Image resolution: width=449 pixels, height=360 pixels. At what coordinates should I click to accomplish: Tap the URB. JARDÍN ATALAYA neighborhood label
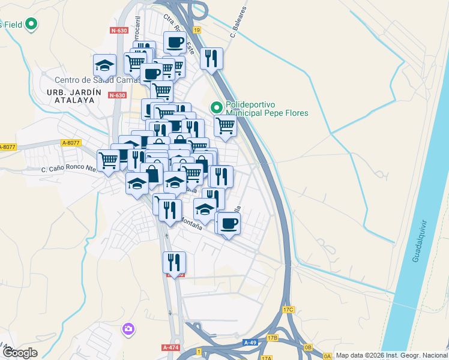click(x=70, y=95)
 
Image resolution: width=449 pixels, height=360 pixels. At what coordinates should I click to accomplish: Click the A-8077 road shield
click(x=70, y=142)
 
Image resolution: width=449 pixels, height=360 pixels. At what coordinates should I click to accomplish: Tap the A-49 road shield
click(x=250, y=342)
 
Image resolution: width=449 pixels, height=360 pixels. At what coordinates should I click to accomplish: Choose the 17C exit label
click(x=288, y=310)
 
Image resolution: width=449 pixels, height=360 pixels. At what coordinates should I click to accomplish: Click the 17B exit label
click(x=273, y=338)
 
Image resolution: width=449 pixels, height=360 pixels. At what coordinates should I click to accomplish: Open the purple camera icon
click(x=127, y=329)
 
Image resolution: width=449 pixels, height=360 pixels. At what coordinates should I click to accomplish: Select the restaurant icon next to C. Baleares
click(x=211, y=58)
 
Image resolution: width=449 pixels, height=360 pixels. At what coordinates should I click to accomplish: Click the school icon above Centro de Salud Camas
click(x=104, y=64)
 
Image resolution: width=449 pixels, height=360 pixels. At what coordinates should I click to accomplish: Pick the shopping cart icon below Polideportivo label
click(x=225, y=125)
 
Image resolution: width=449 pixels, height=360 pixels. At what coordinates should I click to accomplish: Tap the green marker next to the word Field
click(x=30, y=25)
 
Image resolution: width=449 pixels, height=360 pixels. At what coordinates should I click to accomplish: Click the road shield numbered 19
click(x=197, y=29)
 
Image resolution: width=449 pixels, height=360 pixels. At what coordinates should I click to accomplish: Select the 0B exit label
click(x=309, y=347)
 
